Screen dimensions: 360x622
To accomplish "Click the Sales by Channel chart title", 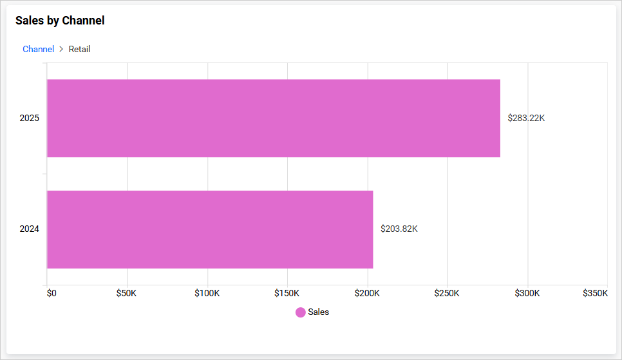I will [60, 21].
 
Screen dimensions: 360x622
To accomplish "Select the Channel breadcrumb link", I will [38, 49].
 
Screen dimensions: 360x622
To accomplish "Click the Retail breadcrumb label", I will [79, 49].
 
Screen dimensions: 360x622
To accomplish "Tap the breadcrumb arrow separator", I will [61, 49].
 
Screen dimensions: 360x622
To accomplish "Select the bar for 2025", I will [274, 118].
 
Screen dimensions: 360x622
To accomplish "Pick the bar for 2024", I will [210, 229].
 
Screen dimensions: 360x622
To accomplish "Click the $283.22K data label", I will [526, 118].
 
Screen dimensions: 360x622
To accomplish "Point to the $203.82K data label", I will [399, 229].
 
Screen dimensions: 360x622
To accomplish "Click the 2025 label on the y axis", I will [30, 118].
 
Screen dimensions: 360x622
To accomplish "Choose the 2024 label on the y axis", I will [30, 229].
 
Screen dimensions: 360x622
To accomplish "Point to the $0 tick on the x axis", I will [52, 293].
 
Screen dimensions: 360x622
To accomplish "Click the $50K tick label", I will [126, 293].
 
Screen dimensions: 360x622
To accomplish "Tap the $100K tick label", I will [207, 293].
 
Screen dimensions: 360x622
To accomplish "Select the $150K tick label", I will [287, 293].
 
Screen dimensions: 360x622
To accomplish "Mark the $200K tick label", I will [367, 293].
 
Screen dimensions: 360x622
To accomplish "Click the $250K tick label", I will [447, 293].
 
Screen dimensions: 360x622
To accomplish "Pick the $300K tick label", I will [527, 293].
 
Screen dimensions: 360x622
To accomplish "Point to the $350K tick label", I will [594, 293].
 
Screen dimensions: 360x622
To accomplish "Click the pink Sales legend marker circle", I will [301, 312].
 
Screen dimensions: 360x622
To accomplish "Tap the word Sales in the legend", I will [319, 312].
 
